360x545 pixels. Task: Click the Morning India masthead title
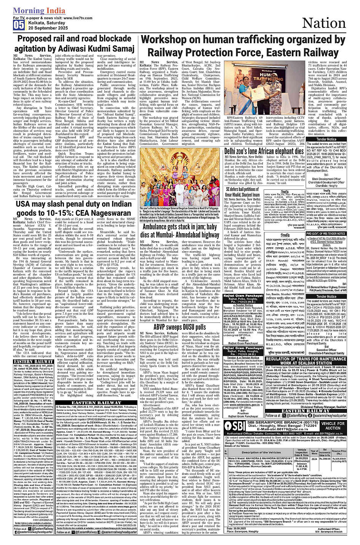(39, 11)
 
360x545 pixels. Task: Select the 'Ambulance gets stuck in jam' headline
(179, 230)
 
